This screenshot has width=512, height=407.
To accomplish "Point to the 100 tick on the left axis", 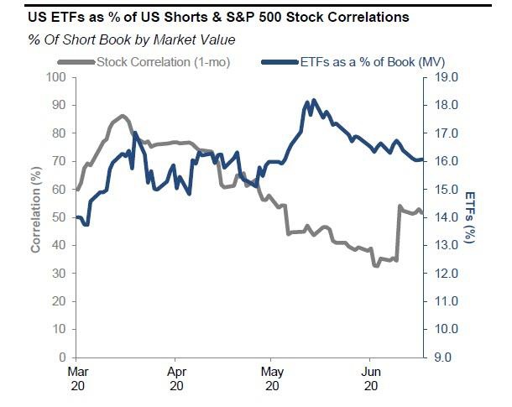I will [55, 77].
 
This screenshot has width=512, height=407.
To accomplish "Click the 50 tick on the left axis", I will [59, 217].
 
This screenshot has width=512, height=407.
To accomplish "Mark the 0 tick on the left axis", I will [62, 357].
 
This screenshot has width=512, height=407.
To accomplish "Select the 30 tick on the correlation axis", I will [59, 274].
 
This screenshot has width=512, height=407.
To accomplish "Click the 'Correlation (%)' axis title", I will [36, 217].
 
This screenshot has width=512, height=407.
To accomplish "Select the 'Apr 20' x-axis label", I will [176, 377].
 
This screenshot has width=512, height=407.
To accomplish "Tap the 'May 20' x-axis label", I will [271, 377].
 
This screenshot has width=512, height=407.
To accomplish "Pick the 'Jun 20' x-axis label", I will [369, 377].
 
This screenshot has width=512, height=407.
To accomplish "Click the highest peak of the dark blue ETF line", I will [313, 100].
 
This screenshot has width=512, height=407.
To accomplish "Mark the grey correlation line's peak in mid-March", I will [123, 115].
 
